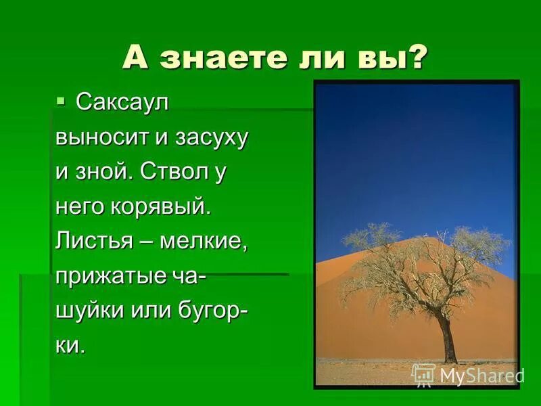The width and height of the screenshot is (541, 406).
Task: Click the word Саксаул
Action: (122, 102)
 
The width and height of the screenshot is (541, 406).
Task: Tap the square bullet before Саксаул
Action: (61, 101)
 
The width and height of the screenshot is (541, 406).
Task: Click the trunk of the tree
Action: (446, 338)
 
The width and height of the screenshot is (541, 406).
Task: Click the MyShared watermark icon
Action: (423, 374)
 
